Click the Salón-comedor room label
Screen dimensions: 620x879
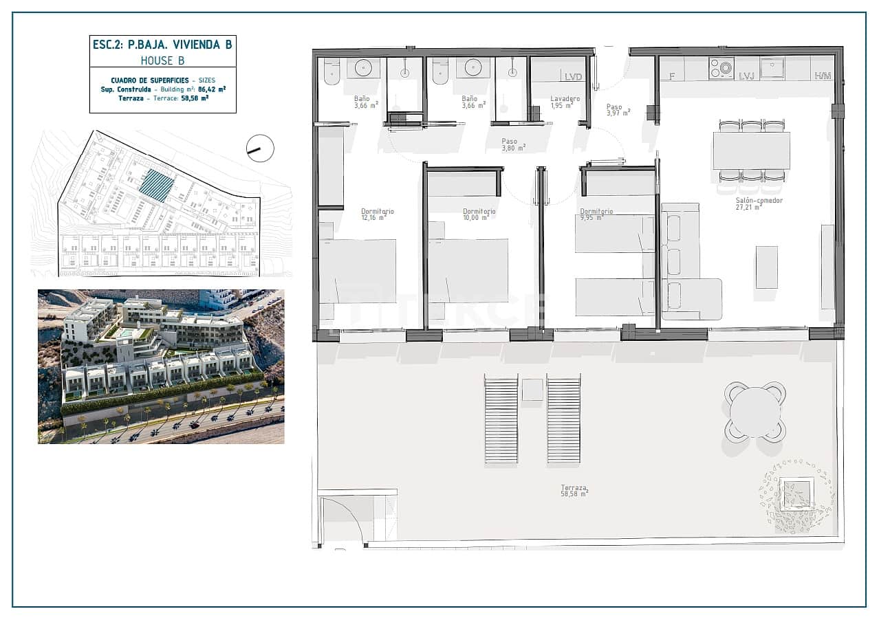749,203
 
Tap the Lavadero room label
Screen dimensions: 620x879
565,102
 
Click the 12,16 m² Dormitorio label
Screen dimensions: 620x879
378,214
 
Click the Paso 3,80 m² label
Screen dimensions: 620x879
513,144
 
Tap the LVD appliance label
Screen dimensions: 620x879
573,76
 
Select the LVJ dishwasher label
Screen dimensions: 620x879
746,76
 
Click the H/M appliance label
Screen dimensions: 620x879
823,76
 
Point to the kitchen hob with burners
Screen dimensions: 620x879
721,69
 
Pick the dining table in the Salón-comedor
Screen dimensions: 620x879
751,151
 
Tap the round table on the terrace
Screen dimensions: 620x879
755,412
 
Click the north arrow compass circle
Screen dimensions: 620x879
260,148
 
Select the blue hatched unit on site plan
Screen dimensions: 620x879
155,186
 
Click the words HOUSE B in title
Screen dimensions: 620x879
162,60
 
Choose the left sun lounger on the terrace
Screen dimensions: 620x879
501,418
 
